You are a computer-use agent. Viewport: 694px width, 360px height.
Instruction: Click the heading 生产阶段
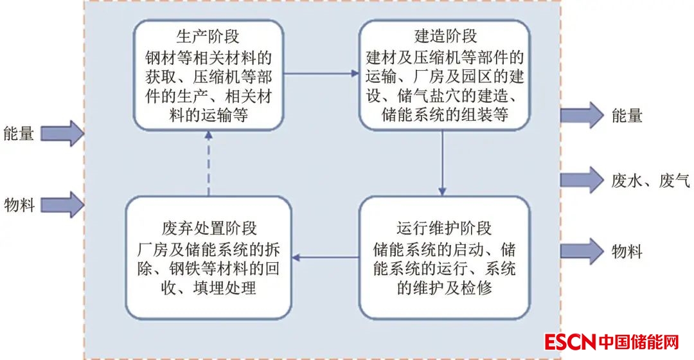pyautogui.click(x=208, y=35)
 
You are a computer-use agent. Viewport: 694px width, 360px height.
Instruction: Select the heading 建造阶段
pyautogui.click(x=444, y=35)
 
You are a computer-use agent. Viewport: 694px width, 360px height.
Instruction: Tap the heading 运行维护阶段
pyautogui.click(x=444, y=228)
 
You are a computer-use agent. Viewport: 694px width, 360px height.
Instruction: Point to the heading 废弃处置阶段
pyautogui.click(x=209, y=228)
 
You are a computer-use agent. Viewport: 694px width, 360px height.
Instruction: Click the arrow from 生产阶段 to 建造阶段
pyautogui.click(x=321, y=74)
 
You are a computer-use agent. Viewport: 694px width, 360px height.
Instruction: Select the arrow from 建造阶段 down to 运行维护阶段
pyautogui.click(x=442, y=163)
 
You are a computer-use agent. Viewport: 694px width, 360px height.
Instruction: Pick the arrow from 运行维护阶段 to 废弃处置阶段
pyautogui.click(x=326, y=258)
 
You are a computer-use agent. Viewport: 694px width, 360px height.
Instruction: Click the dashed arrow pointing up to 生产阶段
pyautogui.click(x=208, y=163)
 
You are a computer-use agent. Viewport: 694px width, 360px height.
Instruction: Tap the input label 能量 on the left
pyautogui.click(x=19, y=134)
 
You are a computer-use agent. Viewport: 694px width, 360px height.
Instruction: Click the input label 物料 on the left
pyautogui.click(x=19, y=205)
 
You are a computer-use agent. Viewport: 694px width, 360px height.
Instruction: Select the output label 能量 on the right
pyautogui.click(x=627, y=116)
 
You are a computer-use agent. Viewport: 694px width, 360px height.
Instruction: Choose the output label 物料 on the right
pyautogui.click(x=627, y=251)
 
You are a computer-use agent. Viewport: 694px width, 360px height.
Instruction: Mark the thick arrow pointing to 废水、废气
pyautogui.click(x=582, y=180)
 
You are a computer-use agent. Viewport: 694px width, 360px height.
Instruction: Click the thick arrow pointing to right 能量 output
pyautogui.click(x=582, y=116)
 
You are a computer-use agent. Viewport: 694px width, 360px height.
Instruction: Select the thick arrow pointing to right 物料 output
pyautogui.click(x=582, y=251)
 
